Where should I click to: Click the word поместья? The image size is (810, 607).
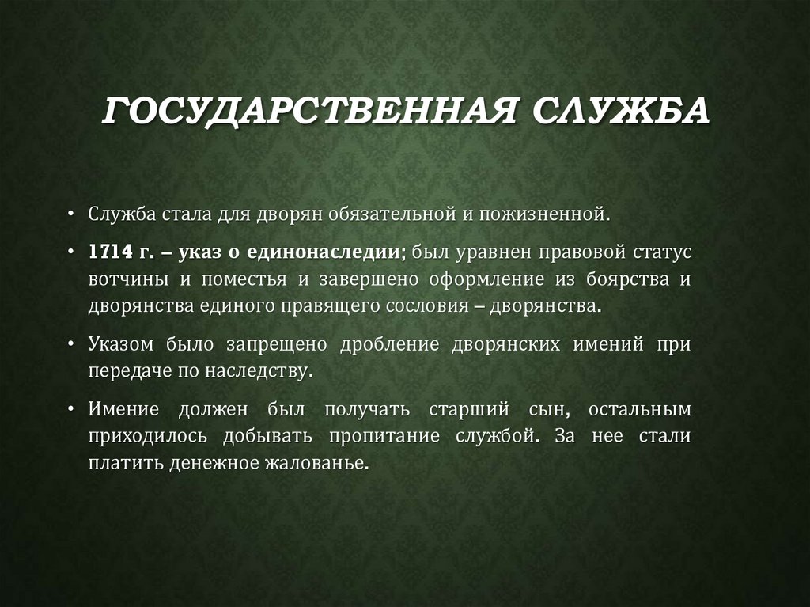(x=243, y=279)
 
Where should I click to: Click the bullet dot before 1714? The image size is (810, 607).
(x=70, y=253)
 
